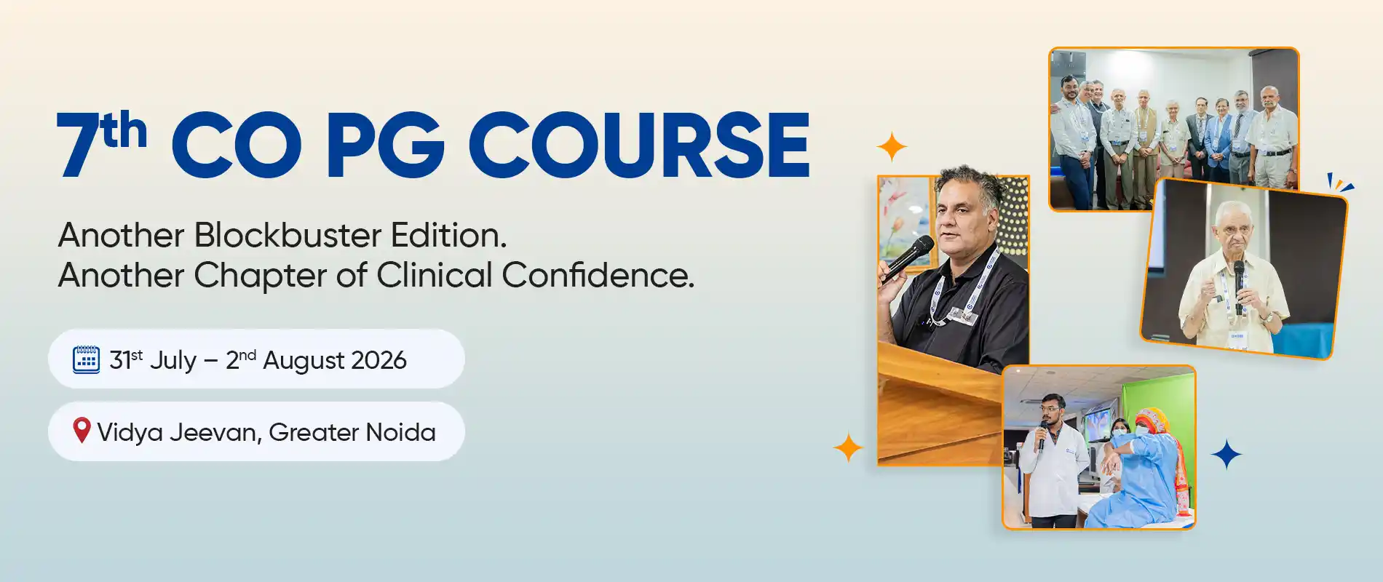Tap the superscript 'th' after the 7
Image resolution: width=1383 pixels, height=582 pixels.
pyautogui.click(x=124, y=130)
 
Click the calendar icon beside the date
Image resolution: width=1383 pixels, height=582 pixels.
pyautogui.click(x=87, y=359)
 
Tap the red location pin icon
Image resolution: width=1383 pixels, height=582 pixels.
pyautogui.click(x=82, y=431)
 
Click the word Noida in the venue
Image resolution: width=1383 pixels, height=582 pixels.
pyautogui.click(x=400, y=432)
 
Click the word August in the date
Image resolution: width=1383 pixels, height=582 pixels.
pyautogui.click(x=304, y=362)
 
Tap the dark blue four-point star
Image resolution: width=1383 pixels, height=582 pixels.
pyautogui.click(x=1227, y=454)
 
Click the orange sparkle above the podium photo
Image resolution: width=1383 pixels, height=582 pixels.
pyautogui.click(x=892, y=147)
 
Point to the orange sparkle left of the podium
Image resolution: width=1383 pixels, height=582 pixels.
pyautogui.click(x=848, y=447)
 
